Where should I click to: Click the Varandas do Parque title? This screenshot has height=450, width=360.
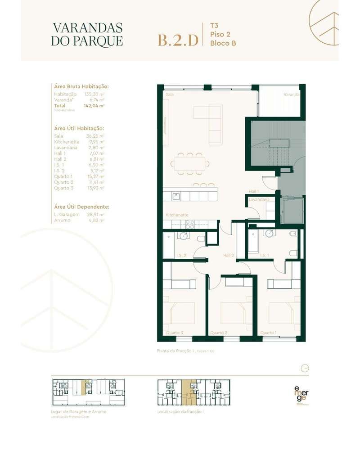point(87,34)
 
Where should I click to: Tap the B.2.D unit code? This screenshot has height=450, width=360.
point(177,40)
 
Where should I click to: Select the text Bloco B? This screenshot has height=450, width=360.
point(223,43)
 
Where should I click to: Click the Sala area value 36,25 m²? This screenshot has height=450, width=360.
point(95,135)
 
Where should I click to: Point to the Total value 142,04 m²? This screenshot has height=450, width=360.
point(94,105)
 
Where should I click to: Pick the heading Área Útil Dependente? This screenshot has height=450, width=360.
point(81,207)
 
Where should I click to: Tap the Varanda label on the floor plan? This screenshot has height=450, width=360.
point(291,95)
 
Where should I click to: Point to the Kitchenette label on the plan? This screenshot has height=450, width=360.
point(177,215)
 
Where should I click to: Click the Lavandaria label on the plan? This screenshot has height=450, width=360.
point(260,198)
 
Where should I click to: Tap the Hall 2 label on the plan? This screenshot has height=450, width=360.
point(229,255)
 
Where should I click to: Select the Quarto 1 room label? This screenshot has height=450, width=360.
point(268,333)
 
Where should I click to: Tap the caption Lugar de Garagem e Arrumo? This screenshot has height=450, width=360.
point(79,412)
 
